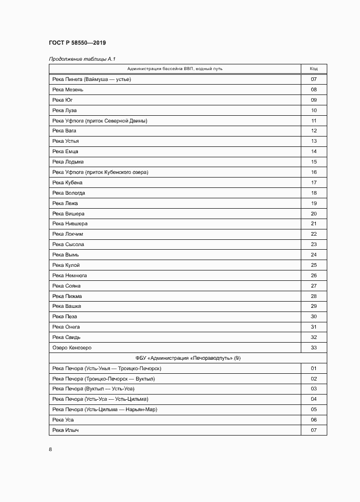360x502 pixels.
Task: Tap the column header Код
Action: tap(314, 69)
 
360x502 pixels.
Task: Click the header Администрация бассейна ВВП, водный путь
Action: tap(175, 69)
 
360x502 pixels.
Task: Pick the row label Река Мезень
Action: tap(68, 90)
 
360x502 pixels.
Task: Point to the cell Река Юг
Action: tap(61, 100)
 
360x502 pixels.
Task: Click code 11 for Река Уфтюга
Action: tap(314, 120)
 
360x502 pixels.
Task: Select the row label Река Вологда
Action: tap(69, 193)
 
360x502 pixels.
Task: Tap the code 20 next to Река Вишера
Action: tap(314, 213)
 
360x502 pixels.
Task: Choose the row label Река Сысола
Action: tap(68, 245)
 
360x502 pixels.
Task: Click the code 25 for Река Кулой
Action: tap(314, 265)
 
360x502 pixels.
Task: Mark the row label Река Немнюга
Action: tap(70, 276)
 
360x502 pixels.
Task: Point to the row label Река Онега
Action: tap(66, 327)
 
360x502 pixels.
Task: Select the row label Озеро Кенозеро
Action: tap(72, 348)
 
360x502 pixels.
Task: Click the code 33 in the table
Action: tap(314, 348)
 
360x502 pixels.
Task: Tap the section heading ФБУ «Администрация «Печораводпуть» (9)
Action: tap(188, 358)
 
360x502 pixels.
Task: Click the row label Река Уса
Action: tap(62, 419)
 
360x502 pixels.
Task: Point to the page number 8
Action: tap(50, 450)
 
